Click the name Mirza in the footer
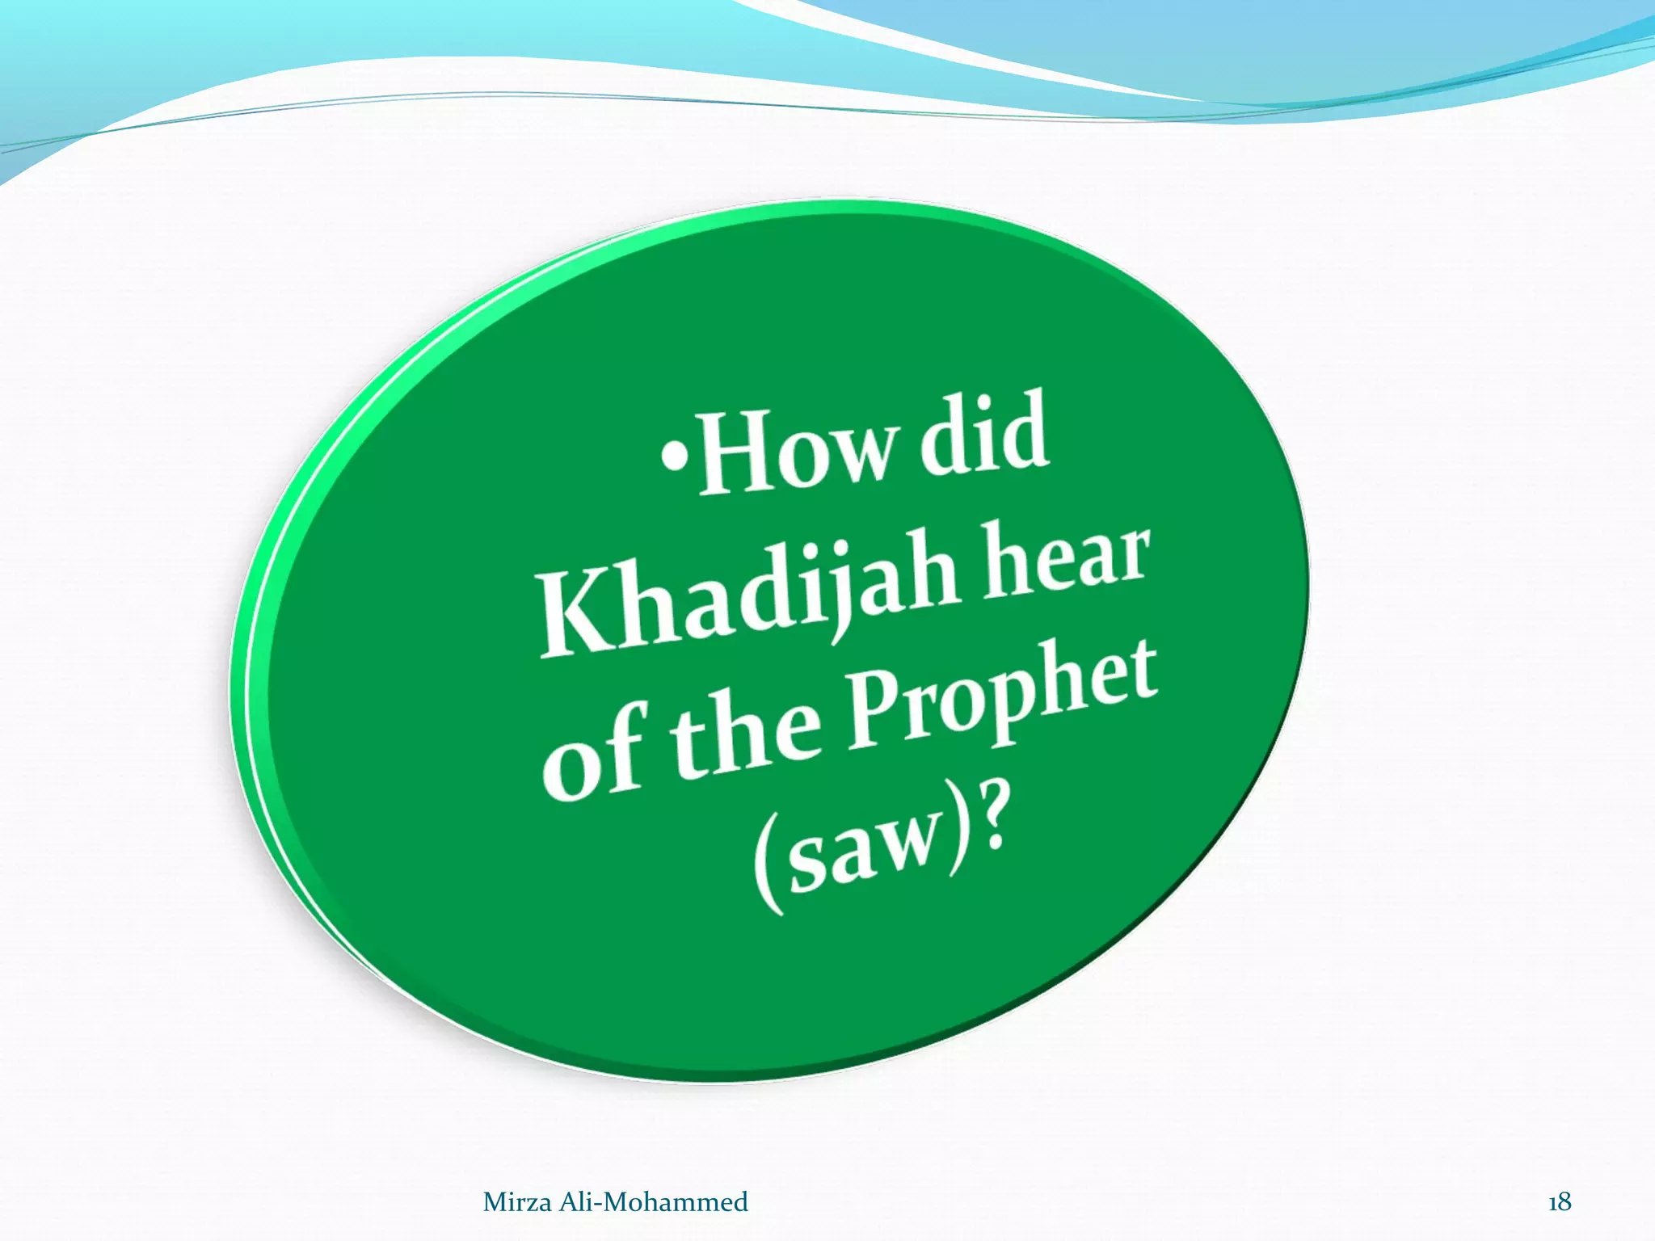click(x=517, y=1202)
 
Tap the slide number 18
click(x=1559, y=1202)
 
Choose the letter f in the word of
click(x=624, y=747)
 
